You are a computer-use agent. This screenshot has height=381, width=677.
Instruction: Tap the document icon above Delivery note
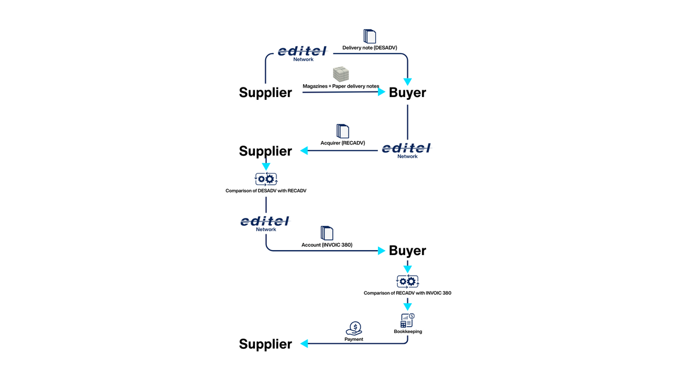pos(370,36)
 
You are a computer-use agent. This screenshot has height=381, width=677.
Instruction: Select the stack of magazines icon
pos(341,74)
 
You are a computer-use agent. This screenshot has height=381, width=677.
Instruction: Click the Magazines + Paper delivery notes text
pos(341,86)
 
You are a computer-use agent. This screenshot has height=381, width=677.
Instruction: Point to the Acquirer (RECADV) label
pos(342,143)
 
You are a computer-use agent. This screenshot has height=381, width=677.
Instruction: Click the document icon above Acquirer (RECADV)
pos(343,131)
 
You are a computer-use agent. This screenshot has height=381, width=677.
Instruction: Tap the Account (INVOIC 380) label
pos(327,245)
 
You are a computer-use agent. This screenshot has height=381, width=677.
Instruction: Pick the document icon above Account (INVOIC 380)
pos(327,233)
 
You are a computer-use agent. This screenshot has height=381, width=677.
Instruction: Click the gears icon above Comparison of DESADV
pos(266,179)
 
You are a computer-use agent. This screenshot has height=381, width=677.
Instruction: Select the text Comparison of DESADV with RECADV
pos(266,191)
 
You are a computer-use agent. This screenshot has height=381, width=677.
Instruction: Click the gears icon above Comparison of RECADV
pos(407,281)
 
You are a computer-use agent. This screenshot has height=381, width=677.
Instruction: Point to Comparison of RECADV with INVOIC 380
pos(407,293)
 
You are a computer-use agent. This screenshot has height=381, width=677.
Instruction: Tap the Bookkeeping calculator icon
pos(407,321)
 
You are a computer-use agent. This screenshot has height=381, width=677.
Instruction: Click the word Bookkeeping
pos(408,332)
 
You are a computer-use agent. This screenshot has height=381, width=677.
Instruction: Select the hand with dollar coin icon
pos(354,329)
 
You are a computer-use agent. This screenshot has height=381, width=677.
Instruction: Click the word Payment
pos(354,339)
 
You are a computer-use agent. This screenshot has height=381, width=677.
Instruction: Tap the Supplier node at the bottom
pos(265,344)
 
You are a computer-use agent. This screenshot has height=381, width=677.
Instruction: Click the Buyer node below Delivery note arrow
pos(407,93)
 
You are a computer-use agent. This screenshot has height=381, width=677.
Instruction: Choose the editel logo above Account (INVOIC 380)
pos(265,222)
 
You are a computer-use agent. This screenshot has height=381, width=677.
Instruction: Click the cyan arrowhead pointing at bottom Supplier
pos(304,344)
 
